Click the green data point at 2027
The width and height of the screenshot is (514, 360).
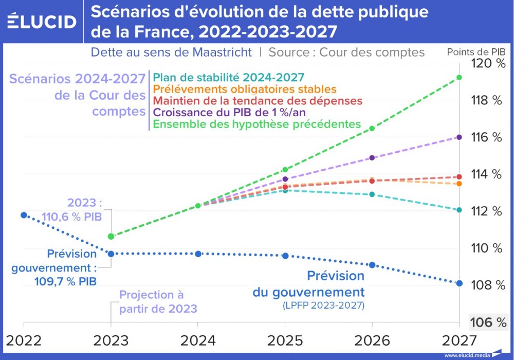[x=459, y=78]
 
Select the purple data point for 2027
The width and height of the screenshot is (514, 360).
[x=459, y=137]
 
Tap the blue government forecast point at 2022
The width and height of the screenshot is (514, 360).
[x=24, y=215]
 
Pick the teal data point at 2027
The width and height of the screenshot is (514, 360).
[x=459, y=210]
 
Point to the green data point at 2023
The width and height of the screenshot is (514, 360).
[x=111, y=237]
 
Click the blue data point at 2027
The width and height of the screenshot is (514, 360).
[x=459, y=283]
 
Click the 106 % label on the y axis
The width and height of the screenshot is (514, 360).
[x=488, y=322]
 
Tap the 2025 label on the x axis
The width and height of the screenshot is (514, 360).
[x=285, y=340]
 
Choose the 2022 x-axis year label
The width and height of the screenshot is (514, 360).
[x=24, y=340]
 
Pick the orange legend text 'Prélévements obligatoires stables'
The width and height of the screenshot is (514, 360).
[x=245, y=89]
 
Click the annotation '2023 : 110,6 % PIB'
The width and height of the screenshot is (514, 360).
[x=85, y=210]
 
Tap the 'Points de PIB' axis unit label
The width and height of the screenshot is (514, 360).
[x=475, y=52]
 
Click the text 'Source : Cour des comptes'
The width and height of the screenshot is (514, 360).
[x=346, y=52]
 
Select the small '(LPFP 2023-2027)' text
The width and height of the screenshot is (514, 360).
[x=323, y=305]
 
